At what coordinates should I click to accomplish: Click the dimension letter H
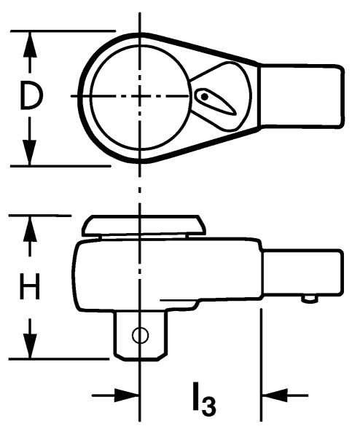30,286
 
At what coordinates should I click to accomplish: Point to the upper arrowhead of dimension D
30,44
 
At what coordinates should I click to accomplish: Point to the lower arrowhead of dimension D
30,152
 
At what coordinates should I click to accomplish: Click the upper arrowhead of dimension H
30,230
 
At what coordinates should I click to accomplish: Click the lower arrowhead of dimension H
30,345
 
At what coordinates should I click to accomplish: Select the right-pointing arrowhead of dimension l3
126,395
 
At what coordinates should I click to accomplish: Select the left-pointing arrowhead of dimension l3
275,395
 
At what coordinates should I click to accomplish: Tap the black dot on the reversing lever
204,97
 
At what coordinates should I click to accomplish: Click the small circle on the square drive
140,335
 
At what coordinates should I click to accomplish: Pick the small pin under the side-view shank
309,299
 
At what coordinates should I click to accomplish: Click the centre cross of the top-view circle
140,96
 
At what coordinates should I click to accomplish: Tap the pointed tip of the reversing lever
236,114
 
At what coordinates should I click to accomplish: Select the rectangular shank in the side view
302,273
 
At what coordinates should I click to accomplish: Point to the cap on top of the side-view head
144,226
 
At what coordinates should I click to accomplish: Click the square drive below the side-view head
141,334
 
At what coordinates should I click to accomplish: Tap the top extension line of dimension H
40,216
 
